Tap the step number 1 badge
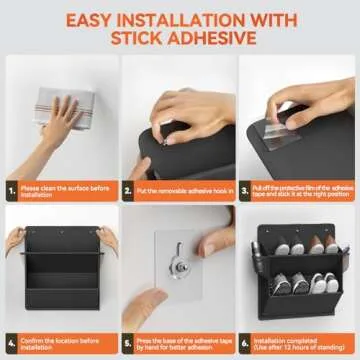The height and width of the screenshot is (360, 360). pyautogui.click(x=11, y=187)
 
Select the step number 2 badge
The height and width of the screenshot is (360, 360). pyautogui.click(x=129, y=187)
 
